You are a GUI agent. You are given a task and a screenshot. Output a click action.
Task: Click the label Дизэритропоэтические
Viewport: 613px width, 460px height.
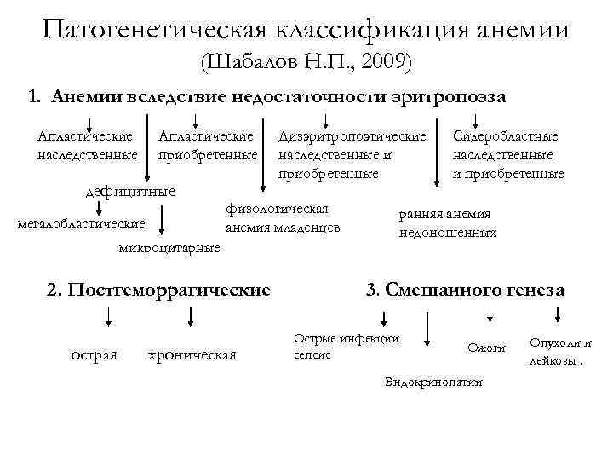click(x=352, y=136)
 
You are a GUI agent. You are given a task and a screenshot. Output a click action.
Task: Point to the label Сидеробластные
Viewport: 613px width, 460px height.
click(x=506, y=136)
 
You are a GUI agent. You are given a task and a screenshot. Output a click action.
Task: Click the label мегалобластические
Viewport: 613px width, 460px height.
click(x=81, y=224)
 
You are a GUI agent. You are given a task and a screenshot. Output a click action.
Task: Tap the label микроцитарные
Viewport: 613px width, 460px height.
click(x=169, y=248)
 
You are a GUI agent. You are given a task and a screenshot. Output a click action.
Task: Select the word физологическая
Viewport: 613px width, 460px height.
click(x=278, y=209)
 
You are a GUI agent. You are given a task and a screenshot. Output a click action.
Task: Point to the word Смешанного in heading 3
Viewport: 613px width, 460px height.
click(x=438, y=290)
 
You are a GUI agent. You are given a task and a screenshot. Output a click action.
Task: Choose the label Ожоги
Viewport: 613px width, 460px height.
click(x=487, y=348)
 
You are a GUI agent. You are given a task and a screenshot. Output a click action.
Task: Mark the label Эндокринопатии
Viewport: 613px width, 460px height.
click(x=433, y=382)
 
